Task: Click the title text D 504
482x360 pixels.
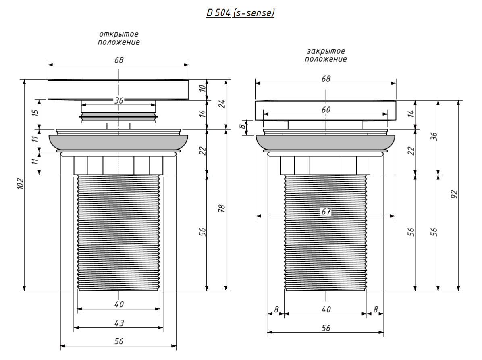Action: pos(218,13)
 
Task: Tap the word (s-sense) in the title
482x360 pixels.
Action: pos(253,13)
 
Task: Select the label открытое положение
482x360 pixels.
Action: pos(118,38)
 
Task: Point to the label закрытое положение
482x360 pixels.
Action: pos(326,55)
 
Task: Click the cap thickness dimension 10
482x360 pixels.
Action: pos(203,88)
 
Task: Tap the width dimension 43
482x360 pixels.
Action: pos(118,323)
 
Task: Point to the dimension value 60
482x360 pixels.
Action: pos(326,110)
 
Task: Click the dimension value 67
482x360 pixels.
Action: pos(326,211)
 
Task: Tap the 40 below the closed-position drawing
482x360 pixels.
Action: pos(326,309)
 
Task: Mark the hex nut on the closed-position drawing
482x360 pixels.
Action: pos(326,165)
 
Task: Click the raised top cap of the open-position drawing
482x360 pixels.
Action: pos(118,90)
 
